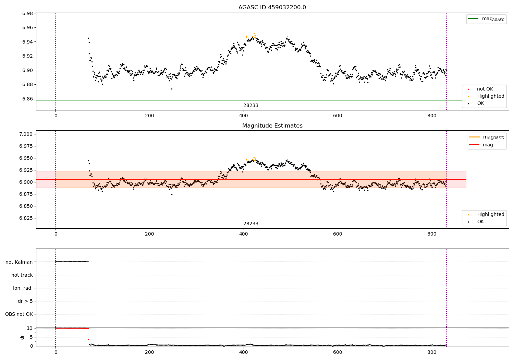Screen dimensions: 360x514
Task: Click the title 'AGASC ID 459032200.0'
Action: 272,8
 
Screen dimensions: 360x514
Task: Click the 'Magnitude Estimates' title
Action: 272,126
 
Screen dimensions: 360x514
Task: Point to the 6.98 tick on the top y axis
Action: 27,13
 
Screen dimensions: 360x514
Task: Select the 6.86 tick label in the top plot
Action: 27,99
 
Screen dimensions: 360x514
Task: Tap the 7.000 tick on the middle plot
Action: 26,134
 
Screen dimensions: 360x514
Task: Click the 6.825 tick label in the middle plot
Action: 26,218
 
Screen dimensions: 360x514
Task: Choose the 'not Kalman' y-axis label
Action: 19,262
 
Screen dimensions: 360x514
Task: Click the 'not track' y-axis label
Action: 22,275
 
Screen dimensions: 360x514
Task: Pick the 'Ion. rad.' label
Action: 23,288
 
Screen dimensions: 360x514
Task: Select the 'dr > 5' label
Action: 25,301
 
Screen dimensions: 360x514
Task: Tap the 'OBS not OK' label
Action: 19,314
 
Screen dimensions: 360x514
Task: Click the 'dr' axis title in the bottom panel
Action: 22,337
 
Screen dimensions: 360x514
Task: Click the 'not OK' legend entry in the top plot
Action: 485,89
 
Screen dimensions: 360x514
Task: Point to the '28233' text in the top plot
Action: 251,106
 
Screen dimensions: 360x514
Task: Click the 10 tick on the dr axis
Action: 30,328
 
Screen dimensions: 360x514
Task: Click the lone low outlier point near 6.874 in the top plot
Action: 172,89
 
